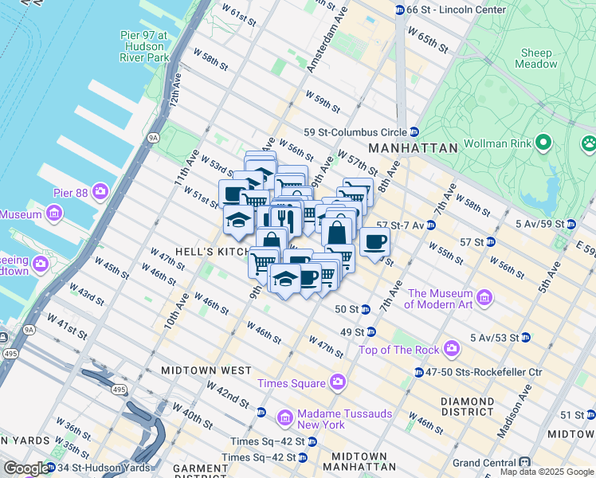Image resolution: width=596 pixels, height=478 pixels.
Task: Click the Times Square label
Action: (x=292, y=384)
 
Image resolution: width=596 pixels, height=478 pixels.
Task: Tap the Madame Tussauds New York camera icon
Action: (x=284, y=417)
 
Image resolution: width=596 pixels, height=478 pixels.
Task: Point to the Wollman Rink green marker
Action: (x=544, y=143)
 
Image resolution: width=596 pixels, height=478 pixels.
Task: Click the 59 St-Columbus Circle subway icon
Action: (x=414, y=132)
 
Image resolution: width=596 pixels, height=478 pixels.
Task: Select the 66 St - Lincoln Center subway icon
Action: (x=400, y=10)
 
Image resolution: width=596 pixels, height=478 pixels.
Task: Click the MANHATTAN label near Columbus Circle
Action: (x=413, y=148)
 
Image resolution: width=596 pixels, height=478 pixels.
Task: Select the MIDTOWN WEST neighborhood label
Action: (x=206, y=371)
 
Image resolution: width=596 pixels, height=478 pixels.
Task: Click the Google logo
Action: (x=25, y=468)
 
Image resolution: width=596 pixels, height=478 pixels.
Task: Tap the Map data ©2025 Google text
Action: (x=547, y=472)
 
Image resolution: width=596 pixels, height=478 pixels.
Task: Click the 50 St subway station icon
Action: (x=365, y=309)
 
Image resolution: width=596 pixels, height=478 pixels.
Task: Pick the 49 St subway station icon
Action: (x=371, y=331)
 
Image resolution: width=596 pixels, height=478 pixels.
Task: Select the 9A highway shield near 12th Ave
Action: (x=154, y=137)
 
